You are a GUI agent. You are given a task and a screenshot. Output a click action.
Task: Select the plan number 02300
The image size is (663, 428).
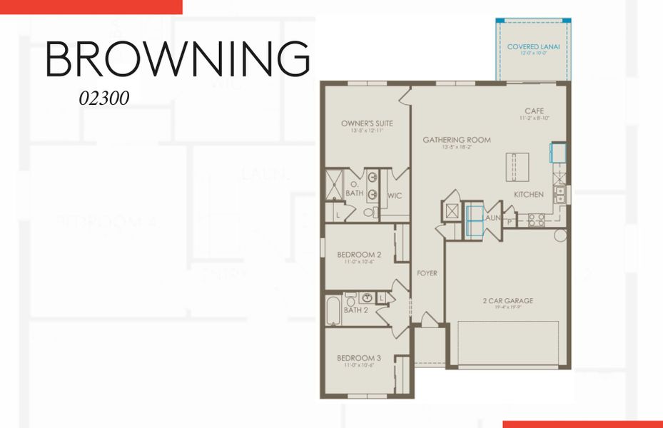tap(104, 98)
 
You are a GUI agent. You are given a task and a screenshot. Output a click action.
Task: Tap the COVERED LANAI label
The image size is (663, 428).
tap(533, 47)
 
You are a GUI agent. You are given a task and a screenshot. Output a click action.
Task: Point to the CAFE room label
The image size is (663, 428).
tap(534, 111)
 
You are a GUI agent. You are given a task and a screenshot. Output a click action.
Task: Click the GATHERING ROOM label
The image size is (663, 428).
tap(457, 140)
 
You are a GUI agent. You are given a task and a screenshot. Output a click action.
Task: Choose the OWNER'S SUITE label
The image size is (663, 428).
tap(367, 123)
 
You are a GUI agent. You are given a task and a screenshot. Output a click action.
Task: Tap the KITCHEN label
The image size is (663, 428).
tap(529, 194)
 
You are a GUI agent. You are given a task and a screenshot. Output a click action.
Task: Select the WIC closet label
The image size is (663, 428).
tap(395, 195)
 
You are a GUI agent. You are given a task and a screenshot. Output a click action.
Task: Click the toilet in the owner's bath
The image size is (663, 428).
tap(369, 212)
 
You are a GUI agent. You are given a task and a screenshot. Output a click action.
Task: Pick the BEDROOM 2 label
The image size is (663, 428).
tap(359, 255)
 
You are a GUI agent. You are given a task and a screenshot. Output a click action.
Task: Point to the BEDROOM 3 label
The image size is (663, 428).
tap(359, 357)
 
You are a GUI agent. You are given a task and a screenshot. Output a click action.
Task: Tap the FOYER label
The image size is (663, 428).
tap(427, 273)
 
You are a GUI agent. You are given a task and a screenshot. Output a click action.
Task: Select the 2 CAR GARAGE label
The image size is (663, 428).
tap(507, 300)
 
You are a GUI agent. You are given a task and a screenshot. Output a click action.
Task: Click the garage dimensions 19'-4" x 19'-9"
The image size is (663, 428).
tap(507, 308)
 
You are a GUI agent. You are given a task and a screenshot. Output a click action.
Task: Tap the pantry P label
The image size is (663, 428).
tap(510, 222)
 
